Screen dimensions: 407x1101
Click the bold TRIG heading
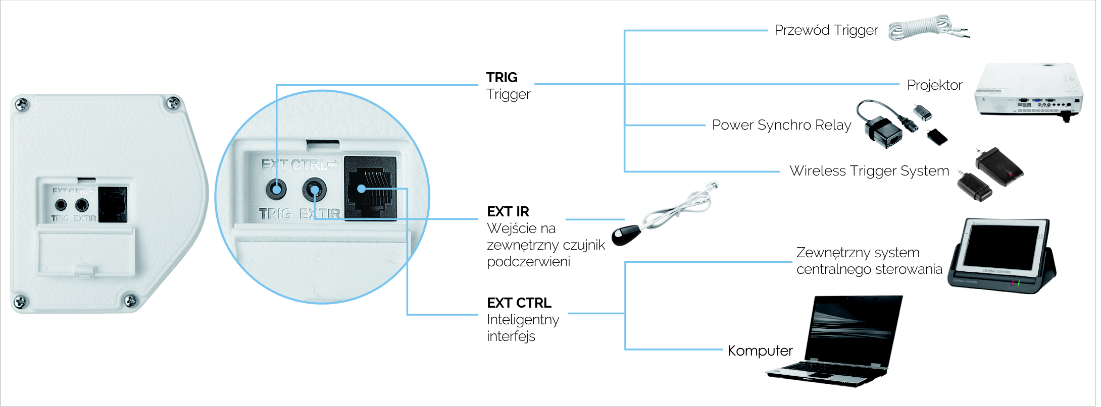tap(502, 77)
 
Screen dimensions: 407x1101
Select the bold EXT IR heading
tap(508, 211)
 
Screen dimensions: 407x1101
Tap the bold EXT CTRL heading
tap(519, 303)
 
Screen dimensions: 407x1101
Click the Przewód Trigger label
tap(826, 30)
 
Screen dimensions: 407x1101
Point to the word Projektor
tap(934, 85)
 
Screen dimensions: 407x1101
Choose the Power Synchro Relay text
tap(781, 125)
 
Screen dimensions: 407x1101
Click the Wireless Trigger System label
tap(869, 171)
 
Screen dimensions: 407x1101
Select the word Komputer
tap(760, 351)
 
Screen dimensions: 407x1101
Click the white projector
tap(1028, 91)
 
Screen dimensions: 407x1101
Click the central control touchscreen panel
tap(1003, 255)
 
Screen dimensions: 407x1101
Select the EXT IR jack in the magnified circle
tap(314, 190)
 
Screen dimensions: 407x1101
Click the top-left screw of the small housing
tap(22, 105)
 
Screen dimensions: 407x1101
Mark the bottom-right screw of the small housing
tap(130, 300)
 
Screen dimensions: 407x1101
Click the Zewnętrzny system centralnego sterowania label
tap(869, 261)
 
